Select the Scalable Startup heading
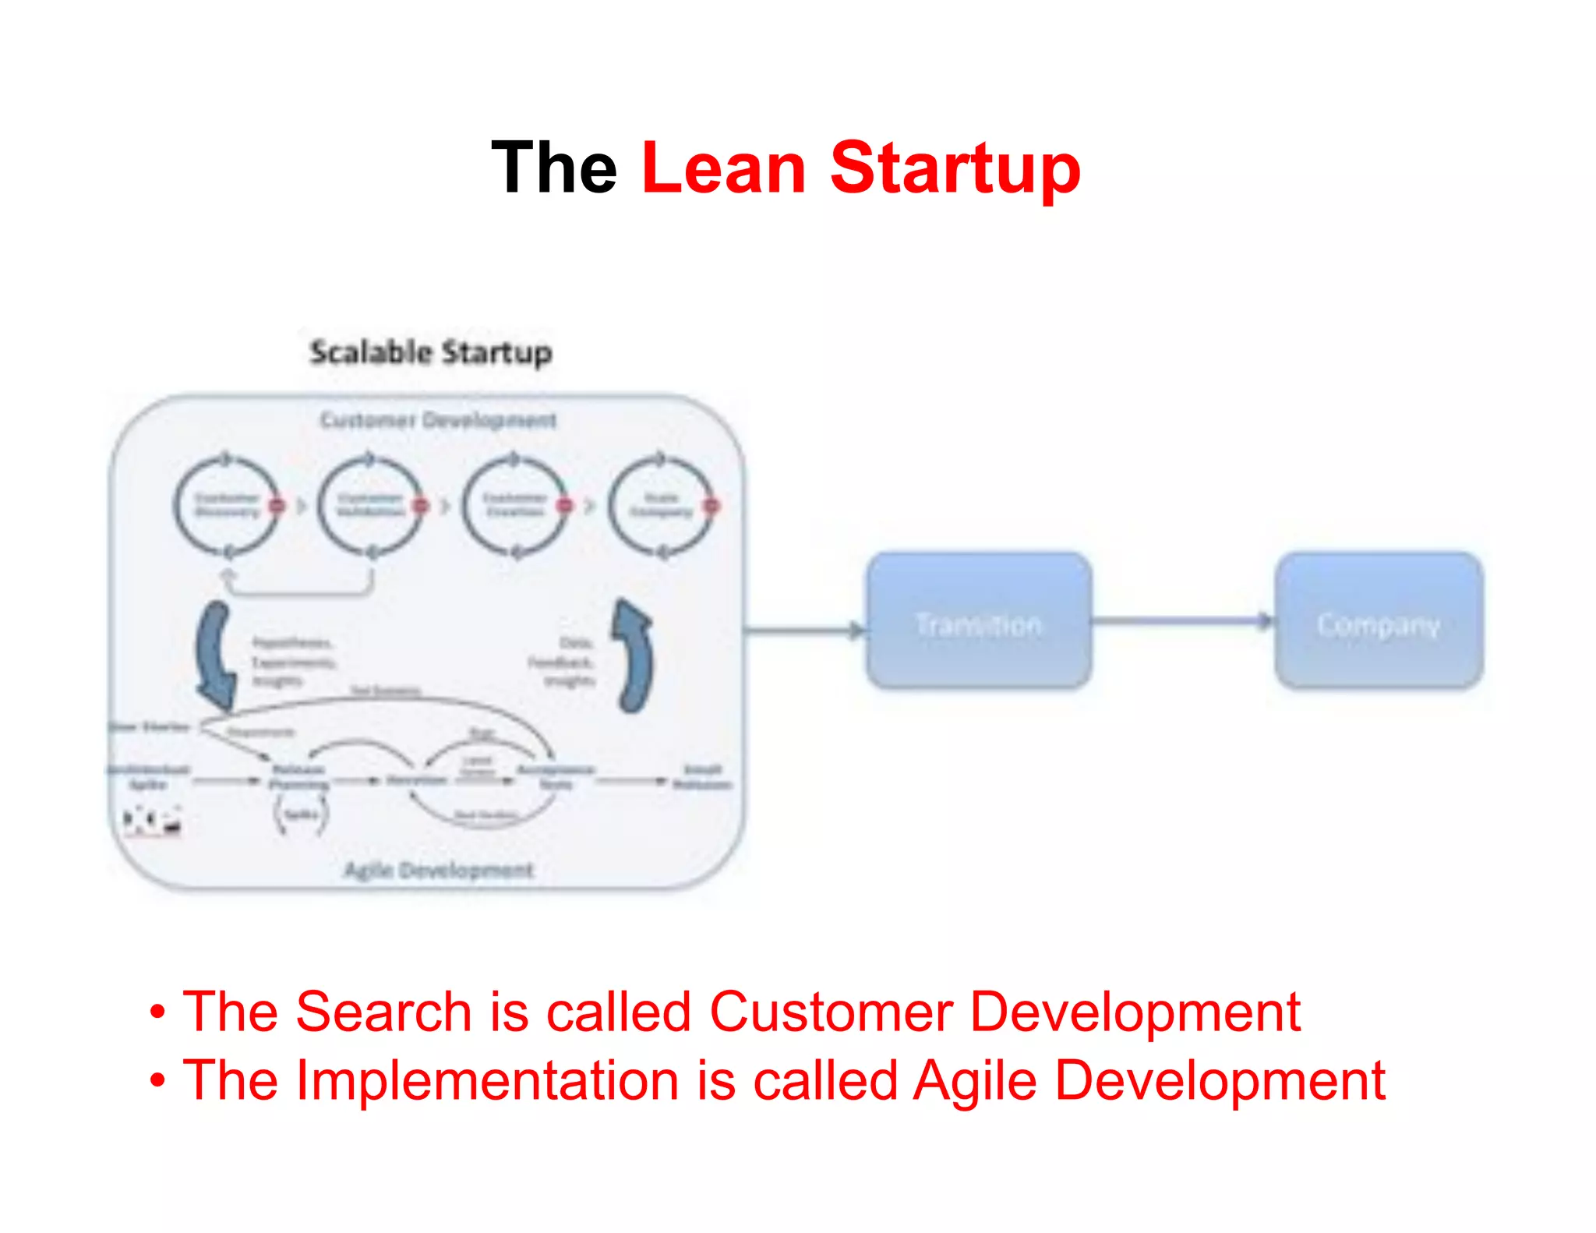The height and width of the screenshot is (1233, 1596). tap(431, 352)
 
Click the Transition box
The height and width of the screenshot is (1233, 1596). tap(979, 621)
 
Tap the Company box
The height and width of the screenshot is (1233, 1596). tap(1379, 621)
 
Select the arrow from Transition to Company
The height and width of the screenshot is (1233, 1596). tap(1181, 621)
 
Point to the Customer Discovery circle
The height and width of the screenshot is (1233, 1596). tap(226, 506)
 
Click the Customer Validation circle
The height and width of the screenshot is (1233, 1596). tap(370, 506)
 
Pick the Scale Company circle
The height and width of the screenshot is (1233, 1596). tap(660, 506)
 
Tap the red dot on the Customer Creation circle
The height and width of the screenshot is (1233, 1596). tap(564, 507)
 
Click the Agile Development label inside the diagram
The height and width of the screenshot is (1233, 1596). tap(439, 870)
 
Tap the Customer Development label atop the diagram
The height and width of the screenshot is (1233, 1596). tap(439, 421)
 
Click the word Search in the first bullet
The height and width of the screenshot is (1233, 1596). tap(383, 1012)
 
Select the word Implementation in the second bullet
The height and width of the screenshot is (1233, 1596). tap(488, 1080)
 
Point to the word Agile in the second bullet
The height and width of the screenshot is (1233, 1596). tap(974, 1082)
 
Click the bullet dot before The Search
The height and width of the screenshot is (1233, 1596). tap(158, 1012)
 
